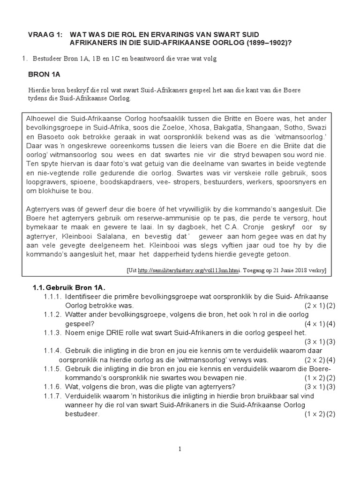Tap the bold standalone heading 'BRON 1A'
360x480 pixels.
coord(45,74)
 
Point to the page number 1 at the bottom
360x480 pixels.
coord(180,449)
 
